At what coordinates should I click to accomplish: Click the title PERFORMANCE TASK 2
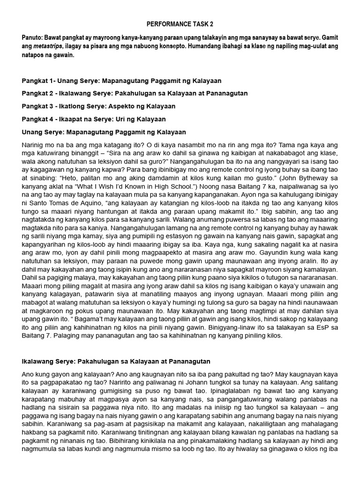click(x=180, y=23)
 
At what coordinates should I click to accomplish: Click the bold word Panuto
click(x=32, y=37)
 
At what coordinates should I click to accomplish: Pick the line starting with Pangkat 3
click(x=98, y=106)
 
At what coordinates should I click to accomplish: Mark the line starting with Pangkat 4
click(x=94, y=120)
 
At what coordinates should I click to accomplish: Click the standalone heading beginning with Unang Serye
click(x=104, y=132)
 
